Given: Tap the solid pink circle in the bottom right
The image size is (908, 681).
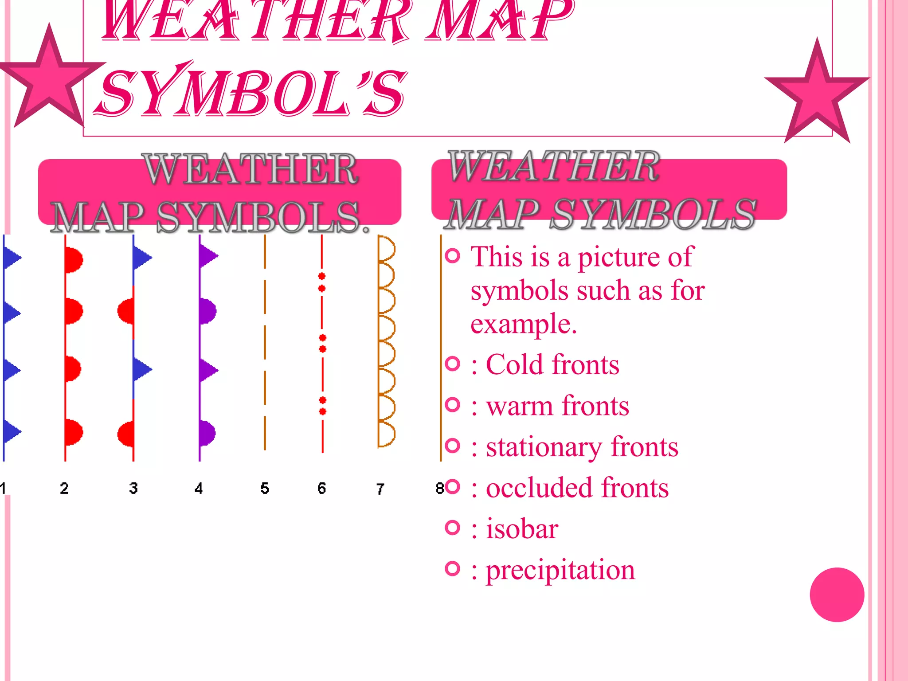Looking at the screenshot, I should pos(837,595).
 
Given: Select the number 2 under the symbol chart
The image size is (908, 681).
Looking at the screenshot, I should pos(64,488).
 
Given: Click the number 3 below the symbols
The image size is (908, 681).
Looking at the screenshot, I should pos(133,488).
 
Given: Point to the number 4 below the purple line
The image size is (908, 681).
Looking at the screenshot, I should pos(199,488).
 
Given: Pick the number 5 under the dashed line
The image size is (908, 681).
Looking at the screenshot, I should pos(265,488).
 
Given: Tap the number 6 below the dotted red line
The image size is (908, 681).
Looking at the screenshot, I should pos(322,488).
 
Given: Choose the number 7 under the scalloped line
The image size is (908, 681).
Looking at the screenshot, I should pos(380,489).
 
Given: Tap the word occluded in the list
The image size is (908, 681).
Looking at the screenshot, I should pos(539,488).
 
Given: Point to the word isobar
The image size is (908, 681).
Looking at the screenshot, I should pos(522,528).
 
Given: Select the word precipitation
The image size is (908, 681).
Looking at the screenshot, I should pos(560,570).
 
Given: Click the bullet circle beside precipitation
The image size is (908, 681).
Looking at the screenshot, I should pos(452,568).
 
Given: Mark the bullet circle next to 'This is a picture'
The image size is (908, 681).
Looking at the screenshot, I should pos(452,256).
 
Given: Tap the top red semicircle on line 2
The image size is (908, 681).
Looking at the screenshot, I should pos(74,260).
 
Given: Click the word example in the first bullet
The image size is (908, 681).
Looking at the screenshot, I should pos(524,324).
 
